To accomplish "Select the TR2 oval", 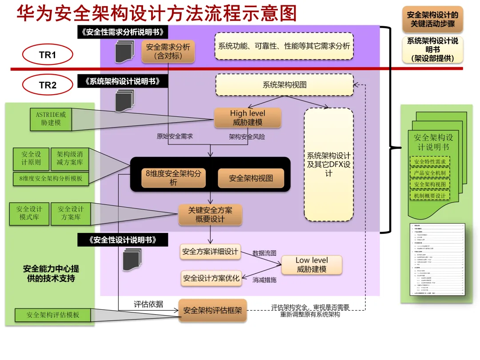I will click(48, 85).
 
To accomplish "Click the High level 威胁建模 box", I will click(248, 118).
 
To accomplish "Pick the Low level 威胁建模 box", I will click(312, 264).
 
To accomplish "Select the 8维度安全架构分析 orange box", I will click(173, 178).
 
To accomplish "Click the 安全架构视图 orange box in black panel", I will click(251, 178).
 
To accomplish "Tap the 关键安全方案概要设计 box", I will click(210, 215).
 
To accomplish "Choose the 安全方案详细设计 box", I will click(210, 252).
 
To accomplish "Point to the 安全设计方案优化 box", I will click(211, 278).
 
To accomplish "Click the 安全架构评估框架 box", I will click(212, 310).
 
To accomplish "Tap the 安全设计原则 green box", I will click(31, 159).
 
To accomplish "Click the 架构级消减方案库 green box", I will click(70, 159).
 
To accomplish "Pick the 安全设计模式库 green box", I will click(31, 213).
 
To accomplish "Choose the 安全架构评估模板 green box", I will click(53, 315).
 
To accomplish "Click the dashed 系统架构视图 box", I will click(284, 85).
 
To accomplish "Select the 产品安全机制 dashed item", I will click(429, 173).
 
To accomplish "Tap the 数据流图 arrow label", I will click(264, 253).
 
